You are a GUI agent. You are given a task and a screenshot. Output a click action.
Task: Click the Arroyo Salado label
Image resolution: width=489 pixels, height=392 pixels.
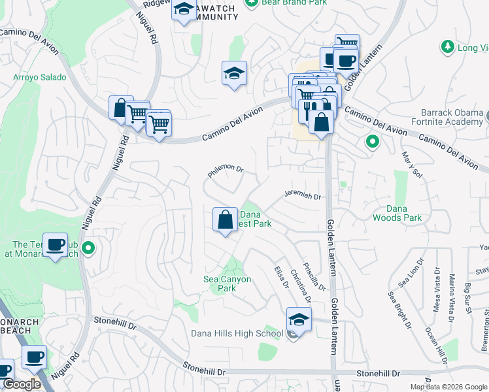coord(40,77)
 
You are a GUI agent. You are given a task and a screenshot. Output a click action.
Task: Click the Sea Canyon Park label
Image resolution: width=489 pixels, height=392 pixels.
coord(228,284)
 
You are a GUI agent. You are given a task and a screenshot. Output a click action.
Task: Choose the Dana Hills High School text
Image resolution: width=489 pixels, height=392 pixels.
coord(237,333)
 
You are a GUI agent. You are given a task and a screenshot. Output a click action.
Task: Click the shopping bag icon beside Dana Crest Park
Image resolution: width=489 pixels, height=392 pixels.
coord(225,220)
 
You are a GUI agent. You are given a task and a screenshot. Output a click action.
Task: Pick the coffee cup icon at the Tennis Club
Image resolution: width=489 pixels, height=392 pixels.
coord(55,245)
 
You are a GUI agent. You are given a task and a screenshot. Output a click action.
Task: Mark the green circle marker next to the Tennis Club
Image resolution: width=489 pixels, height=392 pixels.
coord(90,248)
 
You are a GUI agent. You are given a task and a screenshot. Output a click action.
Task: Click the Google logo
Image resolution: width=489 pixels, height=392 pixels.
coord(22,384)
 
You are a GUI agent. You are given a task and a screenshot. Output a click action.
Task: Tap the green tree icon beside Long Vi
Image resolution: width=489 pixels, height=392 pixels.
coord(447,47)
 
